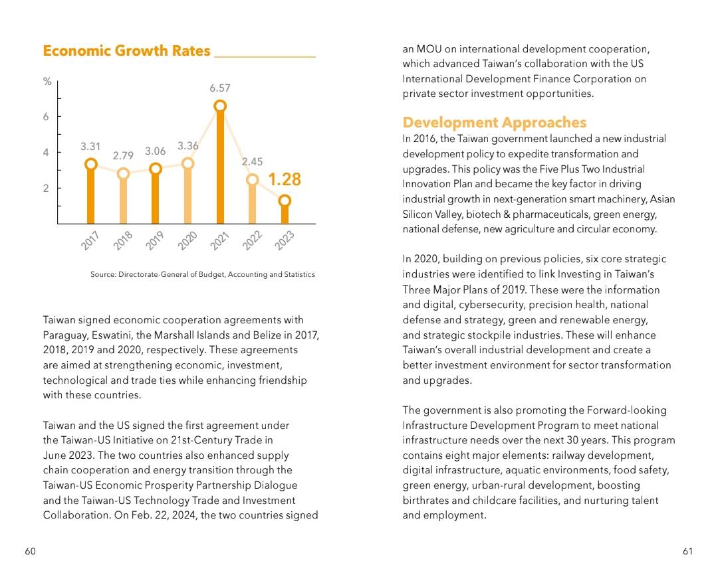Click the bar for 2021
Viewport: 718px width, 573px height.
click(220, 165)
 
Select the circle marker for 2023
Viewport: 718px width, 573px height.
click(285, 201)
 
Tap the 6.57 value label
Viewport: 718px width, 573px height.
click(220, 88)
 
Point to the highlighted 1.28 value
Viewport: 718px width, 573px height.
click(285, 179)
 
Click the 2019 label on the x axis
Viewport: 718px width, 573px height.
click(154, 240)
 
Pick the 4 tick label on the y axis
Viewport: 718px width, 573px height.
click(46, 152)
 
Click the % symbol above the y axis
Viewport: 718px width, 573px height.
click(47, 82)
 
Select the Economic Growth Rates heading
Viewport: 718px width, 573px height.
click(126, 50)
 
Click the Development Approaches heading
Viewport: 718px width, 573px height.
click(495, 122)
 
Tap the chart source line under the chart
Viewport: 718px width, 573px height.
click(202, 274)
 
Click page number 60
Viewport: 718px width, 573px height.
click(30, 551)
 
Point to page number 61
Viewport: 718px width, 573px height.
click(688, 551)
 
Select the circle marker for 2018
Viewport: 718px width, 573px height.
click(123, 174)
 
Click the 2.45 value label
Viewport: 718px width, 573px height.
click(253, 161)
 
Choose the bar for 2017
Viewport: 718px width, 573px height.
click(91, 194)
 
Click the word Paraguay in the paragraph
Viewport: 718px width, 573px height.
click(64, 335)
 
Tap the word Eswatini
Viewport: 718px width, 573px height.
click(112, 335)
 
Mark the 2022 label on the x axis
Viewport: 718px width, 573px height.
click(252, 240)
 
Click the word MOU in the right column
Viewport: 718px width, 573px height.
click(429, 49)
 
